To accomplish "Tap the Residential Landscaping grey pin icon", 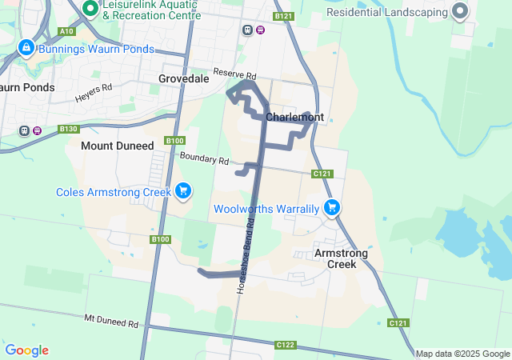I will tap(460, 11).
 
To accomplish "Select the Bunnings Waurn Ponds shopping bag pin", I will tap(26, 49).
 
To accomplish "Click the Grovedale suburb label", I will tap(183, 78).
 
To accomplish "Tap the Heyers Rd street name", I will tap(94, 94).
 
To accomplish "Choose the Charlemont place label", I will tap(294, 117).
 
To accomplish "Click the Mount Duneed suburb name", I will tap(117, 146).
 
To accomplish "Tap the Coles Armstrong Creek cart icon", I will tap(184, 190).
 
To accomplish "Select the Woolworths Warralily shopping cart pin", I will tap(332, 208).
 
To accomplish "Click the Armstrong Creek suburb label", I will tap(341, 258).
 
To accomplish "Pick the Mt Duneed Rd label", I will tap(111, 320).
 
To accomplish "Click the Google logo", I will tap(26, 350).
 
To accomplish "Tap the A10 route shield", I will tap(66, 31).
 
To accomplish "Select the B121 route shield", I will tap(283, 16).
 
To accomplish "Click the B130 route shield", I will tap(69, 129).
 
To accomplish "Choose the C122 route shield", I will tap(285, 345).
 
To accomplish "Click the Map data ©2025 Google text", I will tap(462, 354).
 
